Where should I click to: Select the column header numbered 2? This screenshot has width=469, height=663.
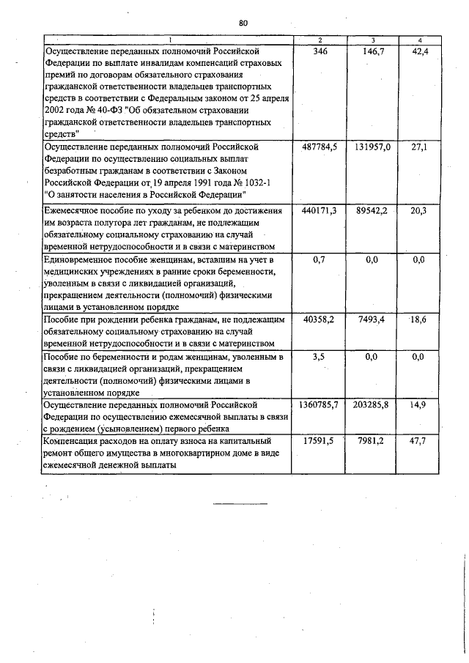[x=320, y=40]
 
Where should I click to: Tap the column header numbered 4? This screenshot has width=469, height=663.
[x=419, y=40]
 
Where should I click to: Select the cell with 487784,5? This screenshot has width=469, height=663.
[x=320, y=147]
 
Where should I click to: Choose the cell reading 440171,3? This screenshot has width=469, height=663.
[x=320, y=211]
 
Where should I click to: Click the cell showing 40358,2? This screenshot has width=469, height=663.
[x=320, y=320]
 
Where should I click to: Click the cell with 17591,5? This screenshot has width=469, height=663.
[x=320, y=442]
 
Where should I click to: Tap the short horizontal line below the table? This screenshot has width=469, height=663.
[x=241, y=504]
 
